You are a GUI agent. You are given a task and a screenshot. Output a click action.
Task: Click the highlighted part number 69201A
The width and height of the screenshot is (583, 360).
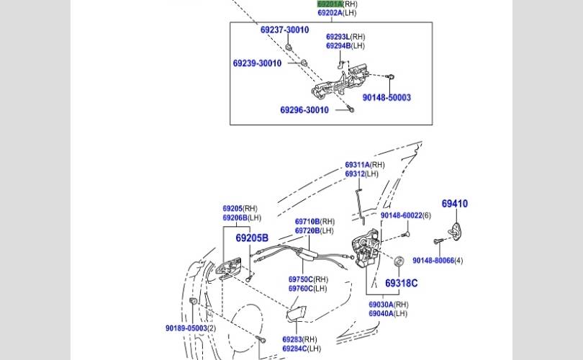click(x=330, y=4)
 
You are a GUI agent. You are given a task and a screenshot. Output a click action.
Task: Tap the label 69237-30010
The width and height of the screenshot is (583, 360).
click(x=284, y=30)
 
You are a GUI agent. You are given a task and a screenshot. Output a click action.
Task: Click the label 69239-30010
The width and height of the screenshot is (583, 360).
click(x=257, y=63)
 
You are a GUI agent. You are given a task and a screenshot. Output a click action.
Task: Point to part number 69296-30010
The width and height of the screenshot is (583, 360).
click(x=304, y=110)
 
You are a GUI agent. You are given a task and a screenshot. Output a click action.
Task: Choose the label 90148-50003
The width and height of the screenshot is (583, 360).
click(x=387, y=97)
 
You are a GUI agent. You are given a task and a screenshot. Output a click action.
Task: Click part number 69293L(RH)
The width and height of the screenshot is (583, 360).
click(x=345, y=37)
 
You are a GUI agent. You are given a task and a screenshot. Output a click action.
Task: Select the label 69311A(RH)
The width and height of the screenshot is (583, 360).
click(x=364, y=165)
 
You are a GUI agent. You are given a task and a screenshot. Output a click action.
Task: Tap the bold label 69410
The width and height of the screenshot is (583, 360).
click(x=454, y=204)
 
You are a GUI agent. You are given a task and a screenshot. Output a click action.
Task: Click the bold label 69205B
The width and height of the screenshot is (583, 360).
click(x=252, y=238)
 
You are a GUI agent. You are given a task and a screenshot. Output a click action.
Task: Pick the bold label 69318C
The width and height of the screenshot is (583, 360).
click(x=401, y=283)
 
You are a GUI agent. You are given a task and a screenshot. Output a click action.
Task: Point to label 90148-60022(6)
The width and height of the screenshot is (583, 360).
click(x=406, y=215)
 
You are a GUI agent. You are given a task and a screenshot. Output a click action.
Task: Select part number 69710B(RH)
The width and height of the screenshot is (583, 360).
click(x=315, y=222)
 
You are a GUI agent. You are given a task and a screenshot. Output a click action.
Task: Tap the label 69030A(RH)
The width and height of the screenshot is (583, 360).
click(x=388, y=305)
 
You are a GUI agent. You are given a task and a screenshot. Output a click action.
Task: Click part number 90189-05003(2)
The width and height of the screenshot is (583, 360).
click(x=191, y=328)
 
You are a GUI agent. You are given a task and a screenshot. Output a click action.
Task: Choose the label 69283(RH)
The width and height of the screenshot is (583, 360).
click(x=299, y=340)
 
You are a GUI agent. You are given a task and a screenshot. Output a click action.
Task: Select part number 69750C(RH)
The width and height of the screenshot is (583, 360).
click(x=309, y=279)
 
